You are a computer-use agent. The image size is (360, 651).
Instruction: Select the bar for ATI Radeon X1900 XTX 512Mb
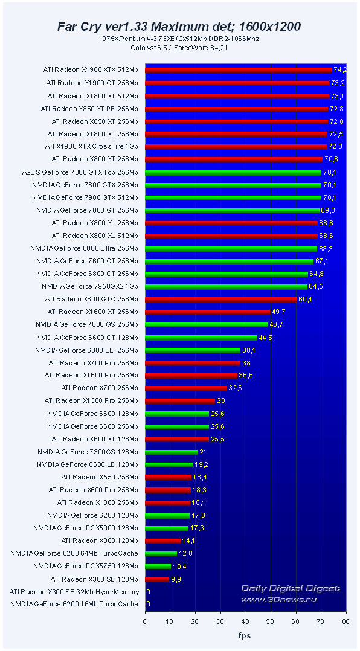pos(239,69)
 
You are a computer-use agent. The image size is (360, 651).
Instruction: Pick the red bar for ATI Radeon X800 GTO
pos(221,299)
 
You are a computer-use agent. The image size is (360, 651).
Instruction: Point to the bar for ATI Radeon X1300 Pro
pos(180,401)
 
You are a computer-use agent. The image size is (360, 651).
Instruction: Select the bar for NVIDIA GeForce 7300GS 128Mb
pos(172,452)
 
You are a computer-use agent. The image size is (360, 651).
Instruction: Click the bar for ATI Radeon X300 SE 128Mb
pos(157,579)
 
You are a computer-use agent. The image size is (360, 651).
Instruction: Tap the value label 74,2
pos(339,69)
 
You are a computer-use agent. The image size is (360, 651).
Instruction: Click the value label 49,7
pos(278,312)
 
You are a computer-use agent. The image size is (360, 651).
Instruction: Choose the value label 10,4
pos(180,566)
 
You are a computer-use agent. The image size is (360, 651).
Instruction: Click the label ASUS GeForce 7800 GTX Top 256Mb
pos(80,172)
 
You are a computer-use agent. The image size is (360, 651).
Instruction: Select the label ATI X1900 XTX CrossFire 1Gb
pos(91,147)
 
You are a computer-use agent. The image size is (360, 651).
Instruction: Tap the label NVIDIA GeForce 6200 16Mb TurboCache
pos(74,604)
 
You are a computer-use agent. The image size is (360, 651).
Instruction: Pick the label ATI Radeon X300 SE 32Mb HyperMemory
pos(74,592)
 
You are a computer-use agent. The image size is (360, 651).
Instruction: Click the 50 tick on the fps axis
pos(271,620)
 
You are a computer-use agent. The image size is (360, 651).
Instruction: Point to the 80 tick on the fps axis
pos(346,620)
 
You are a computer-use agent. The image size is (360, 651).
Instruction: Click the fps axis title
pos(245,635)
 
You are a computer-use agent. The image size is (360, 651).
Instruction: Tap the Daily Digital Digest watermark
pos(290,592)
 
